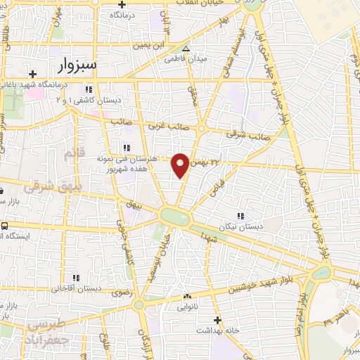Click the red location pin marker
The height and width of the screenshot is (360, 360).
180,165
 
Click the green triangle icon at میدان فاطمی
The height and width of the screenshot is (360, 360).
186,49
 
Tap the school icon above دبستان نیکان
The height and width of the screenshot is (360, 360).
240,215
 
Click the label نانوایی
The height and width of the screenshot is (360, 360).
187,307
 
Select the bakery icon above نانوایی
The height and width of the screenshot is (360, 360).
187,297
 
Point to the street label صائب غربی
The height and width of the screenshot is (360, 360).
165,127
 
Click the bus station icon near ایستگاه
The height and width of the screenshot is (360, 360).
5,226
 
